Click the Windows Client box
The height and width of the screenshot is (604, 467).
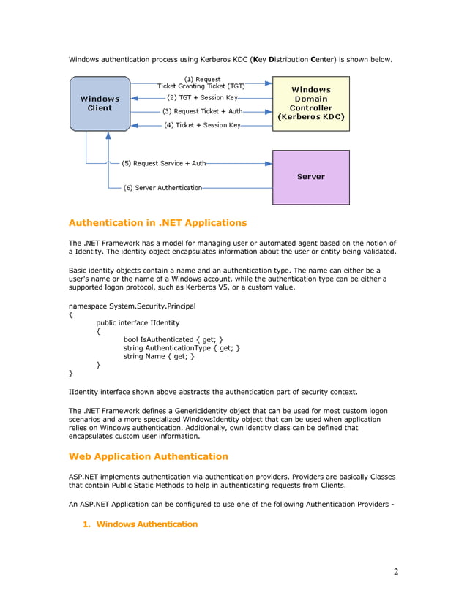100,103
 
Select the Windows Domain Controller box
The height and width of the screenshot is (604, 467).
311,103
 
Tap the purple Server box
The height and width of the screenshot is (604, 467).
311,177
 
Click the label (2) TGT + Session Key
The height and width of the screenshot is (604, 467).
201,97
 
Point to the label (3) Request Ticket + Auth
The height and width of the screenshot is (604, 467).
202,111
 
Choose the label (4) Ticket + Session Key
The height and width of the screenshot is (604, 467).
203,125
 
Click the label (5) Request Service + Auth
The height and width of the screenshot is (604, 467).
163,163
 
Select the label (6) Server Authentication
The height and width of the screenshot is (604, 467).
162,188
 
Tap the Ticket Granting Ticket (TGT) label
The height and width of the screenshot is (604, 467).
201,86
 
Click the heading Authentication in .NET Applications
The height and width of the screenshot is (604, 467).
157,223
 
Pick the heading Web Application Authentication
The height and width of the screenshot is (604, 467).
148,456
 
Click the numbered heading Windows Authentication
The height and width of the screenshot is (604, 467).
146,524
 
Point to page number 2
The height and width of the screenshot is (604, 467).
396,572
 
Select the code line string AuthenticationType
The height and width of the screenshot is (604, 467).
182,348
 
